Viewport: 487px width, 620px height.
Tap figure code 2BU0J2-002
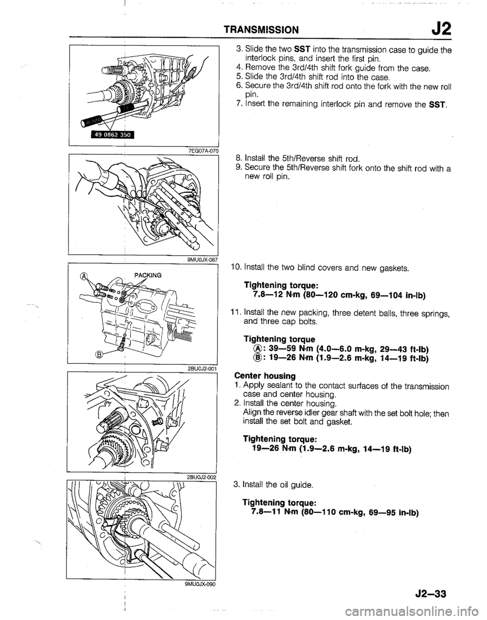[201, 477]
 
